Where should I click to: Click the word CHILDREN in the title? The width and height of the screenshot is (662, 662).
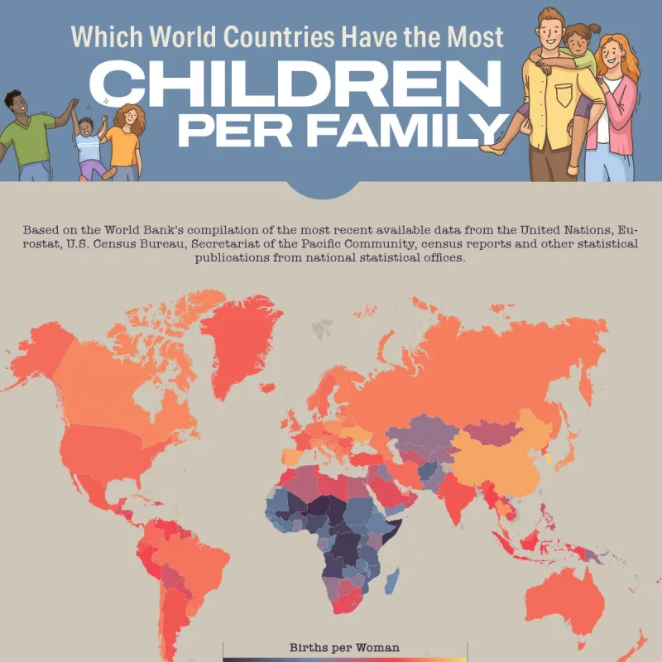click(x=298, y=84)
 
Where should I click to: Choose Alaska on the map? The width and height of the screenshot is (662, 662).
click(x=33, y=348)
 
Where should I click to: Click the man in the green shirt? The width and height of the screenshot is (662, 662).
click(x=29, y=137)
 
